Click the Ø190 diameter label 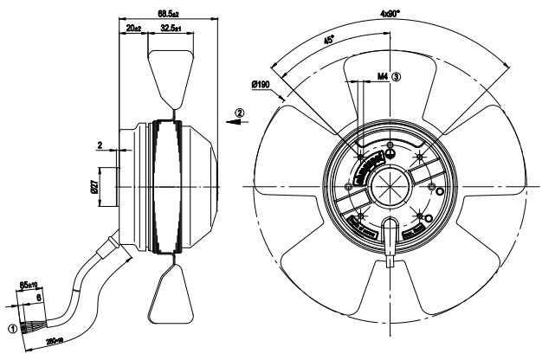point(261,85)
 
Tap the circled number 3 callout point(398,76)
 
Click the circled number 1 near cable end point(12,328)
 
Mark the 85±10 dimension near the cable point(28,284)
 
